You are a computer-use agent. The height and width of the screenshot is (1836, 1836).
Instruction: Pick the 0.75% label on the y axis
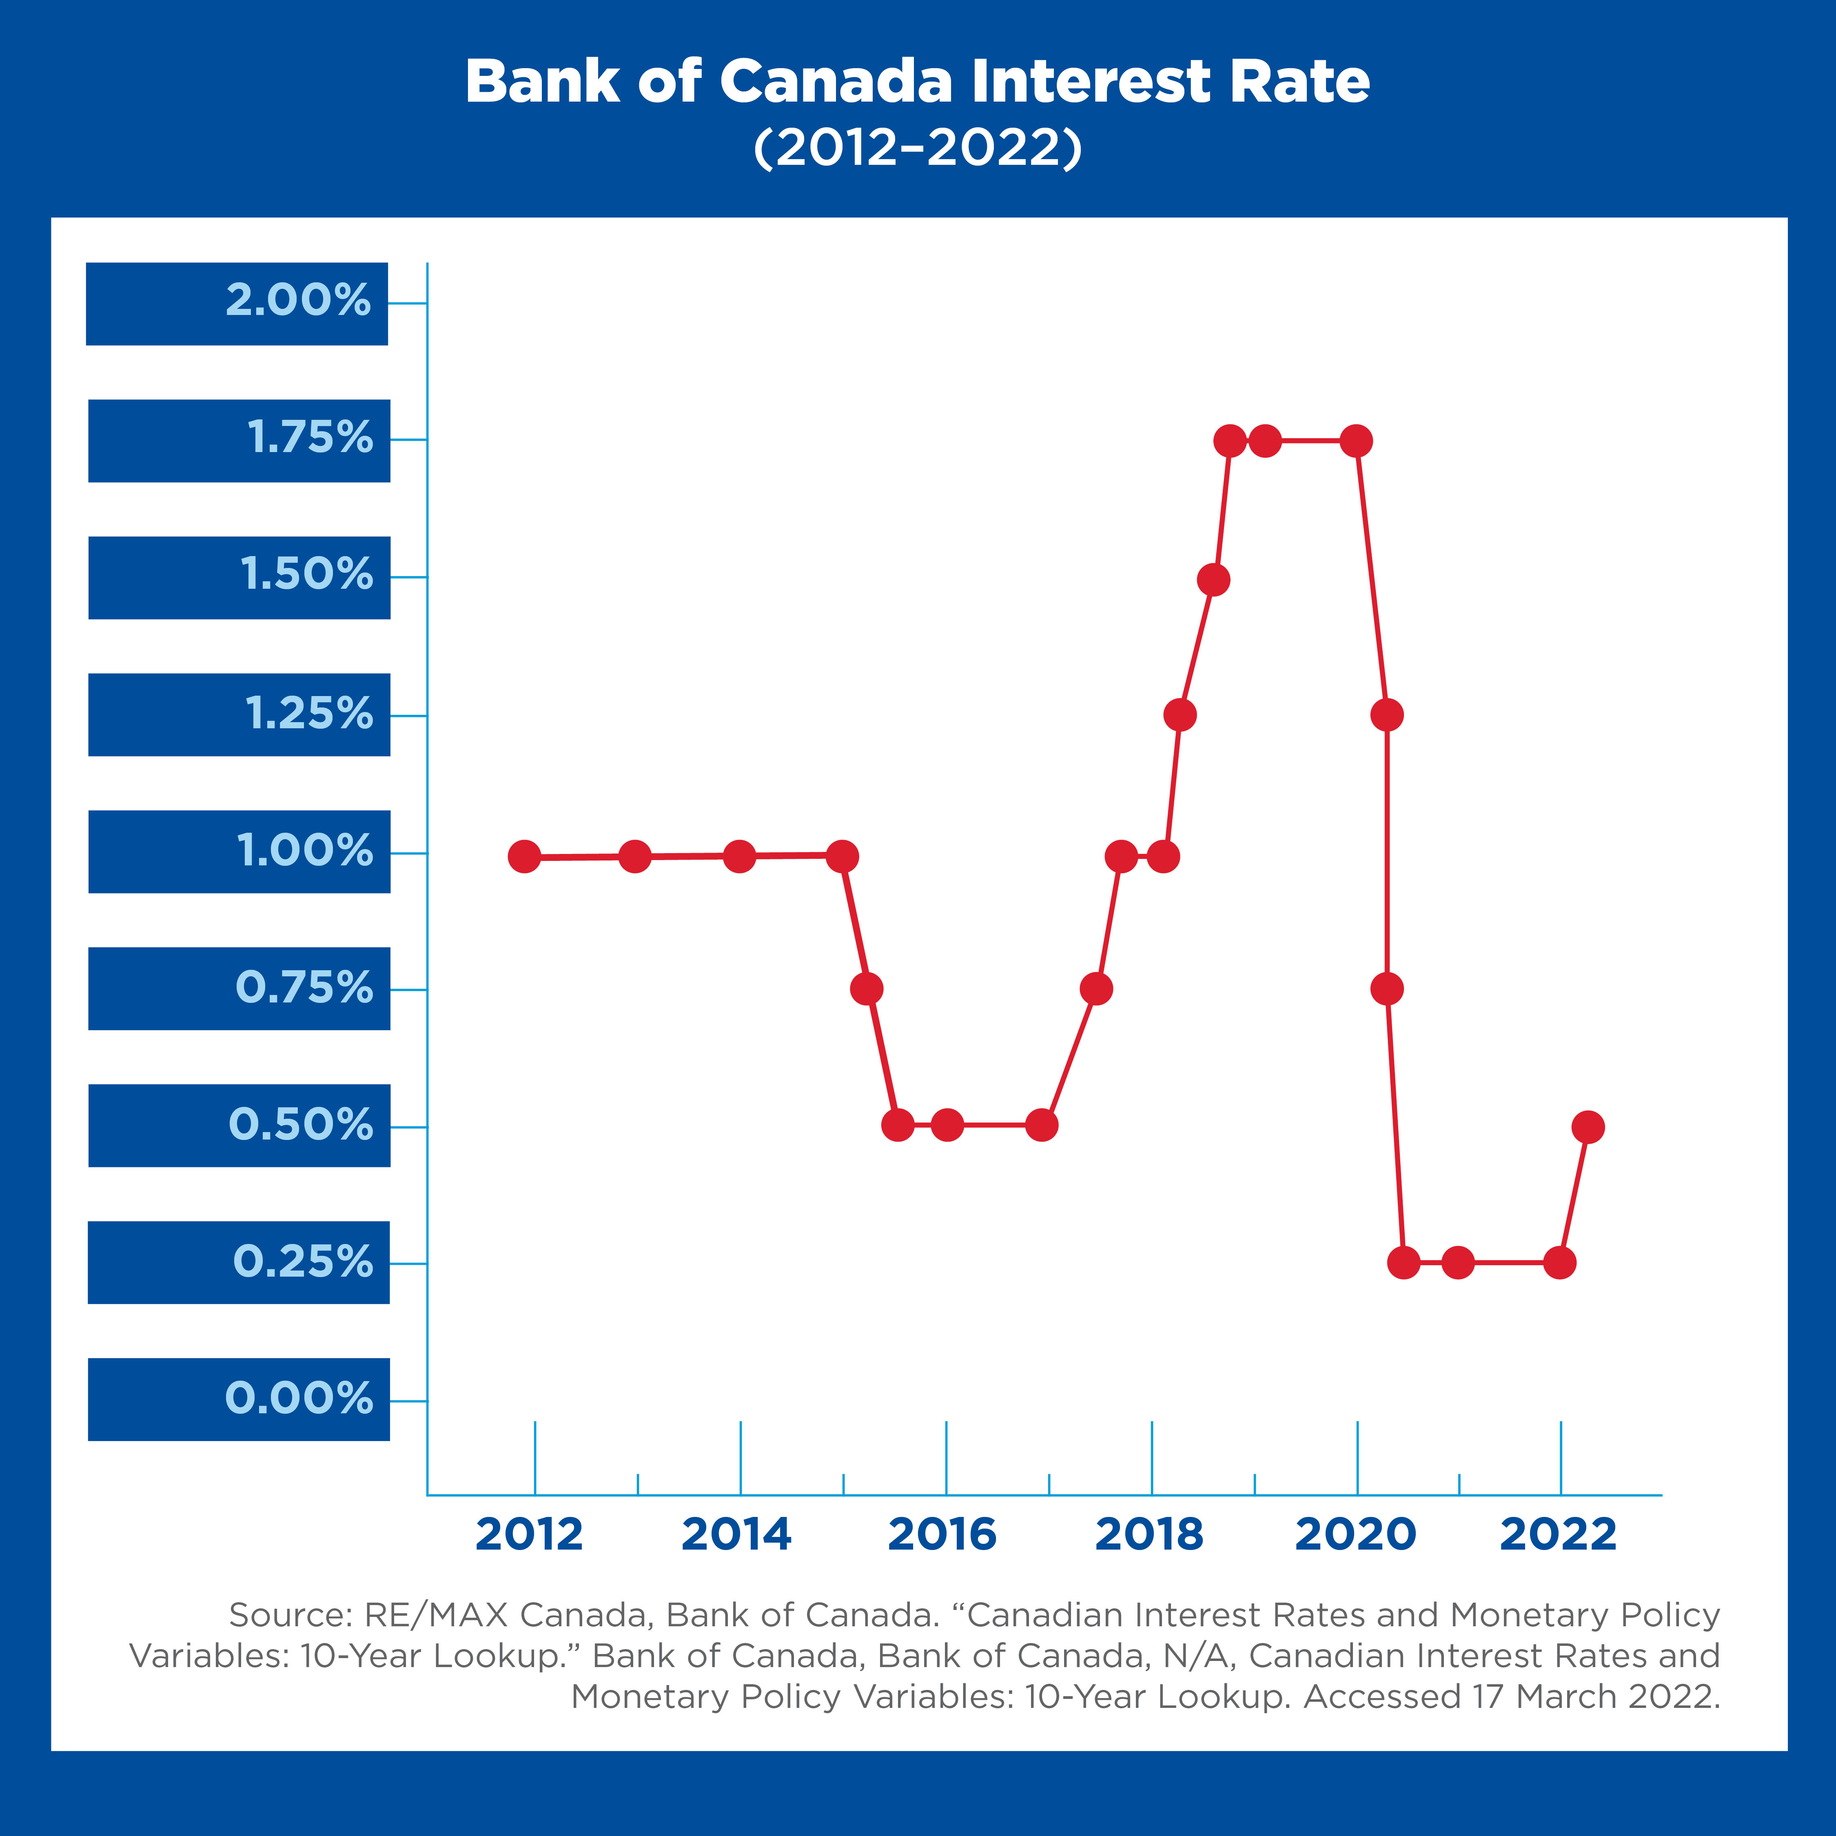304,988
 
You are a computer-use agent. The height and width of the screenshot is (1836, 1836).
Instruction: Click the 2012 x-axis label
528,1535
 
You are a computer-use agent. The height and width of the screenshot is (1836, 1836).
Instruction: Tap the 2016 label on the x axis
942,1535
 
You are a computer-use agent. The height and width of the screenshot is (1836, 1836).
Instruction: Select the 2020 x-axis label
1355,1535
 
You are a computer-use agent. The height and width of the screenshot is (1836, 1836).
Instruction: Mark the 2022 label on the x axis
1558,1535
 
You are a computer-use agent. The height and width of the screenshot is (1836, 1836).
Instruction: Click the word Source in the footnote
285,1616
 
